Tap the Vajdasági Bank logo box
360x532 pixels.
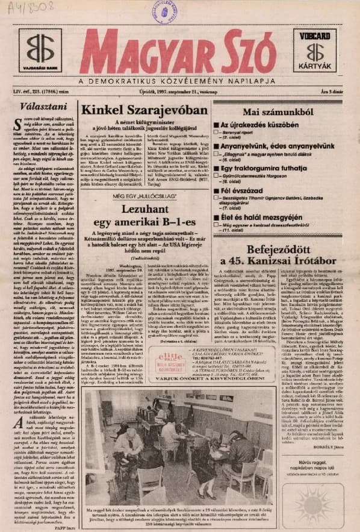coord(40,51)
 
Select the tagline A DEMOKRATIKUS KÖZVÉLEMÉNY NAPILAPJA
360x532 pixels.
coord(181,81)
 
